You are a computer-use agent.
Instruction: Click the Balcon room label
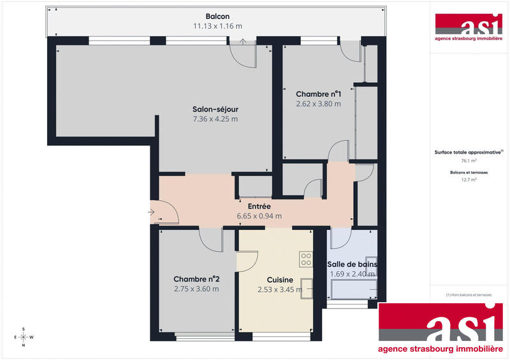(217, 16)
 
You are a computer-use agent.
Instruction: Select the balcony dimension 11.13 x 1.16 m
(217, 26)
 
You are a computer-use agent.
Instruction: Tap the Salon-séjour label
(215, 109)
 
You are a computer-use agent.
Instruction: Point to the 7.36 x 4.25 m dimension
(215, 119)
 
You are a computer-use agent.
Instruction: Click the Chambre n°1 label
(317, 94)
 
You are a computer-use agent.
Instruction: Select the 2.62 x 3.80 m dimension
(317, 104)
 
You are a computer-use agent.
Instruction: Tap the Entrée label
(259, 206)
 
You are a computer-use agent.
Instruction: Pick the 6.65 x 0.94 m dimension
(259, 216)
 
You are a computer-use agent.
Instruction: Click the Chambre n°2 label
(196, 279)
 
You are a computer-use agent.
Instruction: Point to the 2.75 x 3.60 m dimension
(196, 289)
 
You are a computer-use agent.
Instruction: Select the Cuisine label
(280, 280)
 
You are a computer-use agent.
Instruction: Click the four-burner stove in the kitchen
(306, 259)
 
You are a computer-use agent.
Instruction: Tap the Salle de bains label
(352, 264)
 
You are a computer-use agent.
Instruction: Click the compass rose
(24, 337)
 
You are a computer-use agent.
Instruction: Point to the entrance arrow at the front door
(152, 212)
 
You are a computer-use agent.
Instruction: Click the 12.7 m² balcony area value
(469, 180)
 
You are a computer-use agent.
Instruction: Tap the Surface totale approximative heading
(469, 153)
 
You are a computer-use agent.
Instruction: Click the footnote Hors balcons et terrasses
(469, 294)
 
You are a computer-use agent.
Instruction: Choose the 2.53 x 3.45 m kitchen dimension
(280, 290)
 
